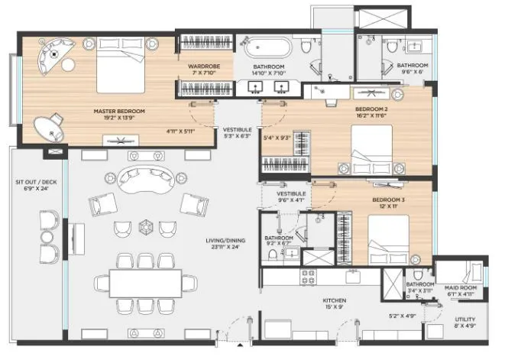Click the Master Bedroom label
click(x=118, y=115)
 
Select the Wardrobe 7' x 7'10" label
click(x=204, y=70)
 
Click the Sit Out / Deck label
click(x=32, y=186)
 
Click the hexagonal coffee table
click(x=147, y=228)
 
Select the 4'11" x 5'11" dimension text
click(x=182, y=131)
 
